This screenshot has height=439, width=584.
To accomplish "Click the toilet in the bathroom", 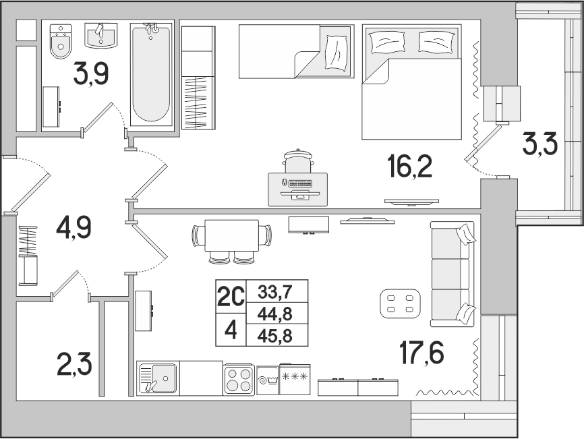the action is (61, 41).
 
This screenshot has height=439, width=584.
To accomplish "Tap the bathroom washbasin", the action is (100, 36).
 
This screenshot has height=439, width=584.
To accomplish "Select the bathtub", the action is (152, 74).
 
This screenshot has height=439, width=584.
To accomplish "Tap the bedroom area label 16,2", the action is (410, 166).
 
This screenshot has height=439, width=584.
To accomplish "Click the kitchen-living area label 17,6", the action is (421, 353).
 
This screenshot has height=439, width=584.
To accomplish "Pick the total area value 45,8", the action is (276, 336).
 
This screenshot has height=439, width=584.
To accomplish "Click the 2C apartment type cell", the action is (231, 297).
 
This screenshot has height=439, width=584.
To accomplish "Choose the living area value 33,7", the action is (276, 292).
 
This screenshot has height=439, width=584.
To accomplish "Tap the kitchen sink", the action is (158, 378).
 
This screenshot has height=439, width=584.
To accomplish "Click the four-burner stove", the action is (239, 380).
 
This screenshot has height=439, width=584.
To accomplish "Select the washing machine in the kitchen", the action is (268, 380).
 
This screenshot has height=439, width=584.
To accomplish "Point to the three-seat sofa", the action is (452, 274).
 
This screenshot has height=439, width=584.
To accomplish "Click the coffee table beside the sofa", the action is (401, 303).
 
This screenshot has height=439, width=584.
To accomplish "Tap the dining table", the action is (232, 235).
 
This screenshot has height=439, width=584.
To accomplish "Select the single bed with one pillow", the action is (296, 51).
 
